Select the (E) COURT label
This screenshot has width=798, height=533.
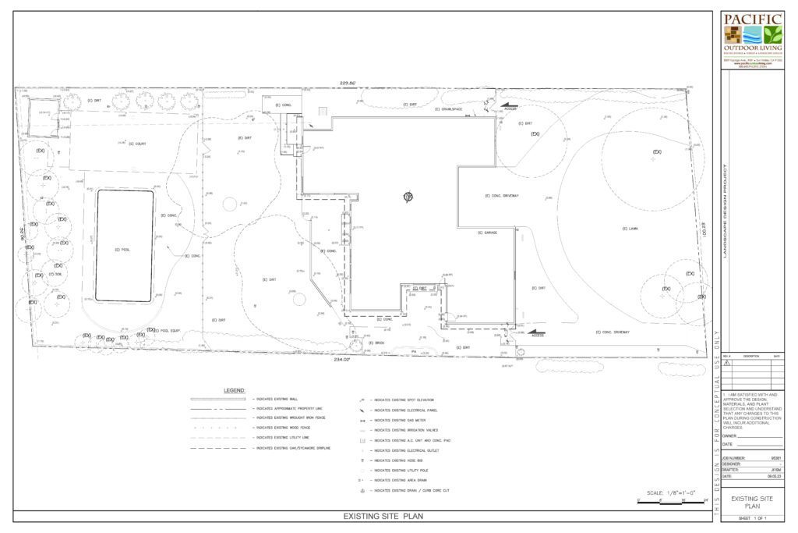click(138, 144)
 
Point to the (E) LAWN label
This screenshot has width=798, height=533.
click(624, 229)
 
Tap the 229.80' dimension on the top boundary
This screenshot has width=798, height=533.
click(347, 82)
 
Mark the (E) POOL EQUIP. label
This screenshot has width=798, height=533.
click(167, 331)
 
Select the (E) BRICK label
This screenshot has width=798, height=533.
click(379, 343)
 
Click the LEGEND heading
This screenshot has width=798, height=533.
click(235, 389)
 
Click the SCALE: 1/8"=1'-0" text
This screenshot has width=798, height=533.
click(673, 494)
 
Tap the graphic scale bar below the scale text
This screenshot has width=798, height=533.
click(671, 502)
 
